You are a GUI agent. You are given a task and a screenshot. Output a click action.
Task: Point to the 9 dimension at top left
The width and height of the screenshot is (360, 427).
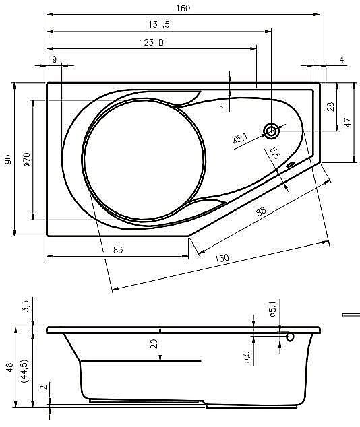click(54, 60)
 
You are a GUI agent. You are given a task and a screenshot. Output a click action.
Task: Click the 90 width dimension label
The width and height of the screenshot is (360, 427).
click(7, 160)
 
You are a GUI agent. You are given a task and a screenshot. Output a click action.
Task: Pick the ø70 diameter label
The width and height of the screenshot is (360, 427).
click(25, 160)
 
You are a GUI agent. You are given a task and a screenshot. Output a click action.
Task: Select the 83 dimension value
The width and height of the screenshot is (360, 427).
click(117, 250)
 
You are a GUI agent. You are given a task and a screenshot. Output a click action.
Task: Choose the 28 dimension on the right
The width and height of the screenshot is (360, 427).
click(330, 106)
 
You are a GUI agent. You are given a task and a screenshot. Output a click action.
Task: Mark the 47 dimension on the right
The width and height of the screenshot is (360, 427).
click(348, 123)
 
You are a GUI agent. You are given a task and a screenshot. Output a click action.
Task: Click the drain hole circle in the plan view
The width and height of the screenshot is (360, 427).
click(272, 131)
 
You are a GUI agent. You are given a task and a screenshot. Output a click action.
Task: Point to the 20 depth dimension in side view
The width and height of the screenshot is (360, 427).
click(154, 344)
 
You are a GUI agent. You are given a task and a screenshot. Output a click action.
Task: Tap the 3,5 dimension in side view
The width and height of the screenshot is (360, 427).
click(26, 306)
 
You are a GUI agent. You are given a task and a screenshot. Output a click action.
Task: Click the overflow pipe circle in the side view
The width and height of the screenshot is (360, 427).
click(291, 336)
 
